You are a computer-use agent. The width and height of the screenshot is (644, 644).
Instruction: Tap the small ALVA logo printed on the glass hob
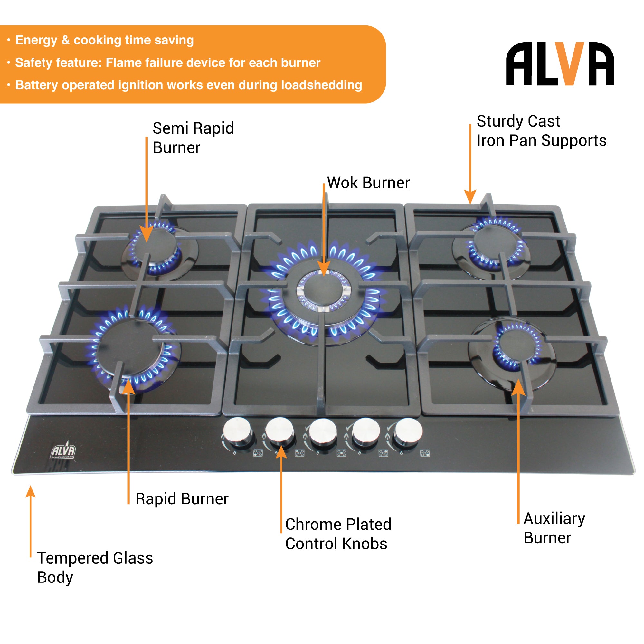(63, 451)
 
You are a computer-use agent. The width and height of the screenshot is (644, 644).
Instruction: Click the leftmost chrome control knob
(237, 431)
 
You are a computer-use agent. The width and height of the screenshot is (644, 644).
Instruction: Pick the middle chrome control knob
(322, 431)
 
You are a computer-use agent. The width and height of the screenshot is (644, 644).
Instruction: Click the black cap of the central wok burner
(323, 290)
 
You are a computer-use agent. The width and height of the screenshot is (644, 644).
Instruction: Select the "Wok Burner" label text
(368, 183)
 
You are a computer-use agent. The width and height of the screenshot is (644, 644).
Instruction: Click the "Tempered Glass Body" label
(95, 567)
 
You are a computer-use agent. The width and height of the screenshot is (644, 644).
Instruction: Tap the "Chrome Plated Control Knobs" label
(338, 534)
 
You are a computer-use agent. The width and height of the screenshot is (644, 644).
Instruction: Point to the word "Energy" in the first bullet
(36, 40)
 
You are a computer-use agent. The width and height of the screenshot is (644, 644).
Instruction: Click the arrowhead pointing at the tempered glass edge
(30, 492)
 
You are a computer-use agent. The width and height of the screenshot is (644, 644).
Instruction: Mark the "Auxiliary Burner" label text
(554, 528)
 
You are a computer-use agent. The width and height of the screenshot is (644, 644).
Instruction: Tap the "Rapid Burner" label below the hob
(182, 499)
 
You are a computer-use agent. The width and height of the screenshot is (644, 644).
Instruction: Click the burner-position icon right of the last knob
(425, 453)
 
